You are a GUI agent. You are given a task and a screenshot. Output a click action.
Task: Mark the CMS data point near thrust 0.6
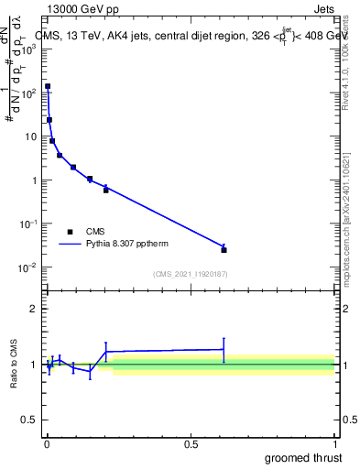coord(224,249)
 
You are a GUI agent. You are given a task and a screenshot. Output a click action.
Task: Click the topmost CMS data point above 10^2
coord(48,86)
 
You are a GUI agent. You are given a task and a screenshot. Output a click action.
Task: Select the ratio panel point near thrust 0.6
coord(224,349)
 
